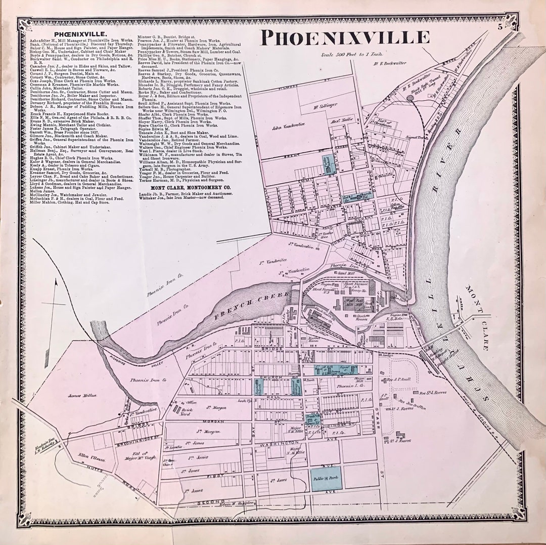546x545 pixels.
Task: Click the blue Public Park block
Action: point(326,478)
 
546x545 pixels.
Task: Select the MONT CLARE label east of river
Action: point(480,317)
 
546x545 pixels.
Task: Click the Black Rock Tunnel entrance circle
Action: point(409,98)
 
